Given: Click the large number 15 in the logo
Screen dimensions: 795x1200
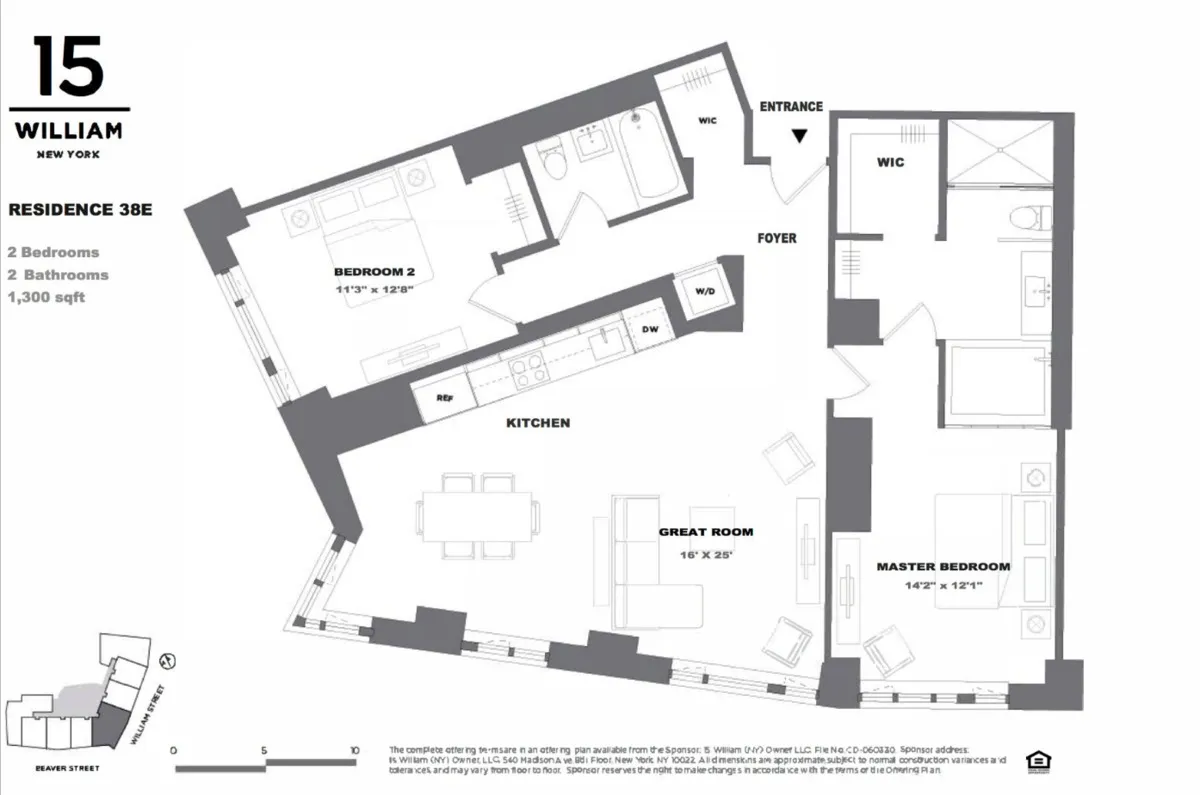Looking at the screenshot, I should point(68,67).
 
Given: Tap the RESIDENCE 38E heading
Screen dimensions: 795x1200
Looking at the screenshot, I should point(79,210).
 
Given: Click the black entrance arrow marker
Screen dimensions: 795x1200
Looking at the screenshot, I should point(798,137).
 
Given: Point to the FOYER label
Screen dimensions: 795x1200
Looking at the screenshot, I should point(777,238).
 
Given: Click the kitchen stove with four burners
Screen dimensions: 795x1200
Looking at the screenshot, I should point(527,370).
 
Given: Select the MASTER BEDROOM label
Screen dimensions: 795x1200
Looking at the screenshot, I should point(943,566).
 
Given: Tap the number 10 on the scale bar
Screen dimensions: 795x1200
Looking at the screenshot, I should point(354,750).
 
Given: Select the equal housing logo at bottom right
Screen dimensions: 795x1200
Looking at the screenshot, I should point(1035,761).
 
